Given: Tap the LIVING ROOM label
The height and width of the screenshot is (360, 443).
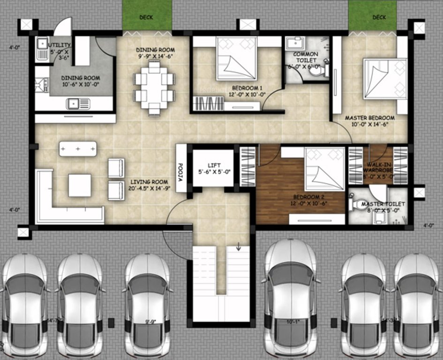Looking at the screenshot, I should click(x=149, y=185).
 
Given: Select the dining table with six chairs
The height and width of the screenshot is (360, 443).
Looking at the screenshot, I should click(x=154, y=89).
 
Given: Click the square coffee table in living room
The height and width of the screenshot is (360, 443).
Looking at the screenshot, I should click(x=80, y=185).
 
